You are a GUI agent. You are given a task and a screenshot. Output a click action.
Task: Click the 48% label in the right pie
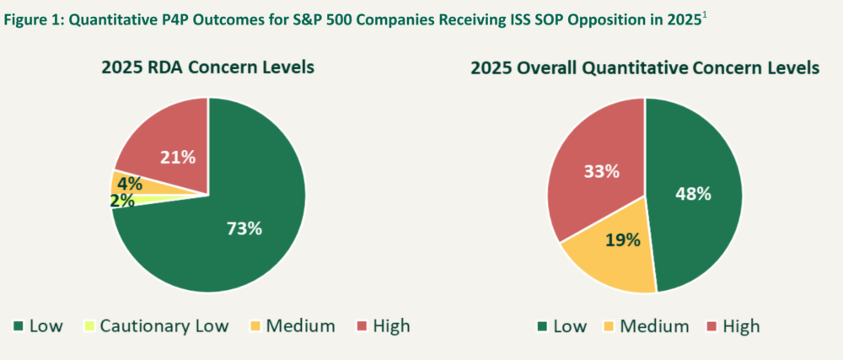(x=693, y=193)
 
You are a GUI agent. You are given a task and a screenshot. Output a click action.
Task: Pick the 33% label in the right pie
(x=602, y=171)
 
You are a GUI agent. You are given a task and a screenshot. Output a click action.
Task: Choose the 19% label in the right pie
(x=622, y=239)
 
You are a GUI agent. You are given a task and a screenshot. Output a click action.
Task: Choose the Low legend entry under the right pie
(x=563, y=325)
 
